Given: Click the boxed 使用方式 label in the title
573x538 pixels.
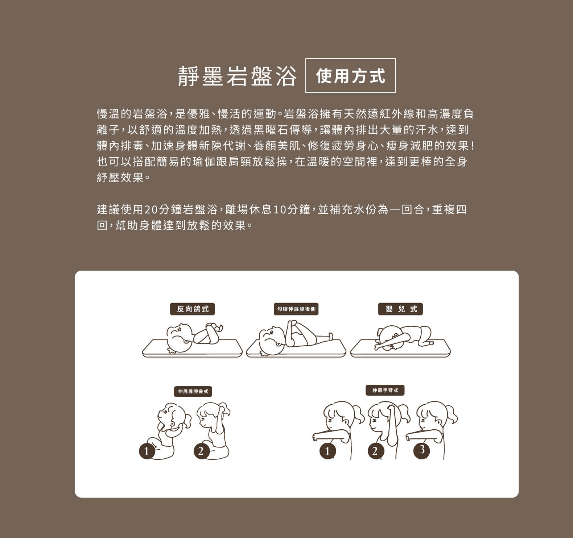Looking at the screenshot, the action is click(x=351, y=76).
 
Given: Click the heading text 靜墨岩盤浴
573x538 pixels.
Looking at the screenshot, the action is click(x=237, y=76).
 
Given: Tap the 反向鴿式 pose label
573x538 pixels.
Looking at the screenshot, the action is click(x=193, y=309).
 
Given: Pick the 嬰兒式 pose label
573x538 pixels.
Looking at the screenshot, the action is click(x=400, y=309).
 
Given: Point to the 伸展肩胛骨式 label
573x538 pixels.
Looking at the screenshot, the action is click(x=193, y=391).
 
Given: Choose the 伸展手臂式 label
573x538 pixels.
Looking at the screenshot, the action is click(x=385, y=390).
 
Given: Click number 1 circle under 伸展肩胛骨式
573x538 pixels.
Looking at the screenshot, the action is click(x=147, y=451).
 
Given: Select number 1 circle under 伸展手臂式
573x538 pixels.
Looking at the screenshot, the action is click(x=328, y=451).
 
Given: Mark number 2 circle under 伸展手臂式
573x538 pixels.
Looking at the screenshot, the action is click(x=375, y=451).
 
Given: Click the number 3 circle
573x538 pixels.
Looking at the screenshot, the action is click(x=421, y=450).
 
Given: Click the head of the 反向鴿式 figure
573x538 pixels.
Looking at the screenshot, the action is click(x=180, y=338).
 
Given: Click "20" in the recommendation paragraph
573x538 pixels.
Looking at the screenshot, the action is click(x=151, y=210).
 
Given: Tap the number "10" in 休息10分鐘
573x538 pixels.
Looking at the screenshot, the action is click(x=280, y=210).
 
